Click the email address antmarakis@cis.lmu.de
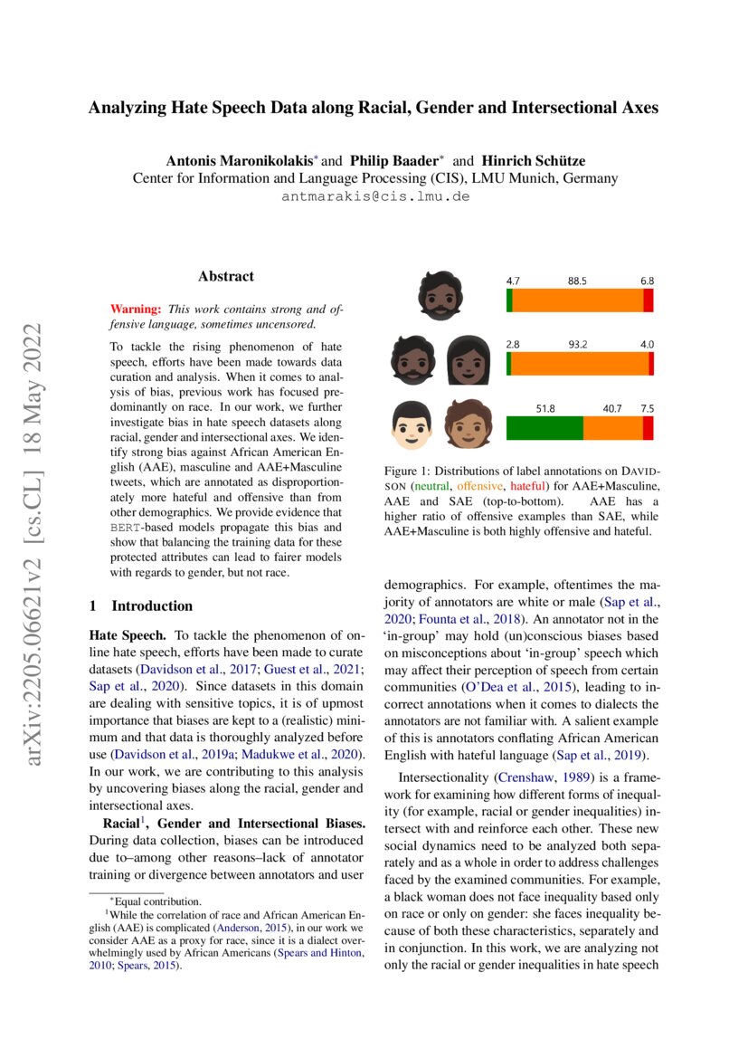coord(375,196)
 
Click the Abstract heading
coord(225,276)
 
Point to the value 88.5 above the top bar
coord(577,281)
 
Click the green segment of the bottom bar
coord(544,427)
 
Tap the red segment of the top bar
coord(648,300)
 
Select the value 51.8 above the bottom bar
coord(544,409)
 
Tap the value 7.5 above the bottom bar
coord(648,409)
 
